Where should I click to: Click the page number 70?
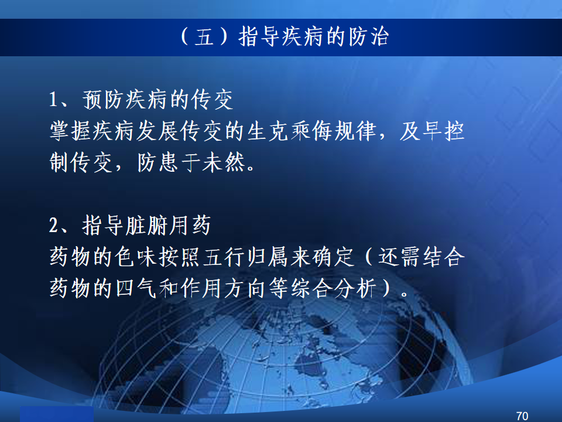coord(522,416)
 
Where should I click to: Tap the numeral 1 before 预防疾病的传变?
coord(53,100)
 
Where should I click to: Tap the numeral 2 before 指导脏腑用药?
coord(53,226)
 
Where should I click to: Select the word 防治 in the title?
coord(369,36)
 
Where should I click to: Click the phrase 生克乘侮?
coord(289,131)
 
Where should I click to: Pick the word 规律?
coord(355,131)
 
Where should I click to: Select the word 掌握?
coord(70,131)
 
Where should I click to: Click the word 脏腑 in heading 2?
coord(146,226)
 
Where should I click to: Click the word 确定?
coord(333,257)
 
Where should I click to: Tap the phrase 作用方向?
coord(224,288)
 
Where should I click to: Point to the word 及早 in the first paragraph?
coord(421,131)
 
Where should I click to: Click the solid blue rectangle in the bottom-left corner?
coord(57,414)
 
